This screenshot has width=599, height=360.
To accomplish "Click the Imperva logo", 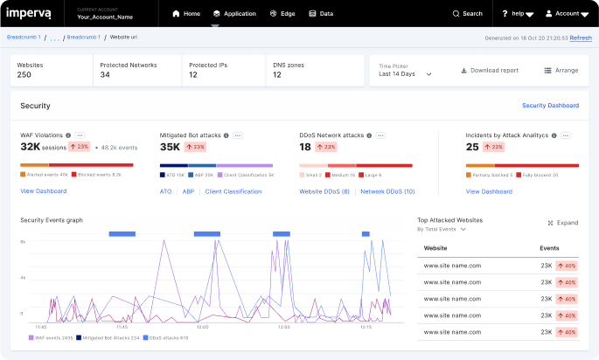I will [x=30, y=13].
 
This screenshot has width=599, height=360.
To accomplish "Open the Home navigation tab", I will [x=186, y=14].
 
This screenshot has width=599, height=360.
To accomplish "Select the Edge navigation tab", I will [x=282, y=14].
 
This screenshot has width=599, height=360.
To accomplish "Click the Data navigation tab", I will [x=321, y=14].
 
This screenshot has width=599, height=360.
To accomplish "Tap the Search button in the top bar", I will [x=467, y=14].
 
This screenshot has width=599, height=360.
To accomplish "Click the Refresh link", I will [x=581, y=38].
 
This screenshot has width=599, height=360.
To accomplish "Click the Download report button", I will [x=489, y=71].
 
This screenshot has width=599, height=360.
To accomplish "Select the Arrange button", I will [x=561, y=71].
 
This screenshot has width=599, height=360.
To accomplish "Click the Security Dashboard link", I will [x=550, y=106].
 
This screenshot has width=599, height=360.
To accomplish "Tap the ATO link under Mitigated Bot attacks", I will [x=165, y=191].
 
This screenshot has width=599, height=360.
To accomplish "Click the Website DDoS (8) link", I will [x=324, y=191].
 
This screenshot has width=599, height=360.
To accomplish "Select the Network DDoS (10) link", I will [x=387, y=191].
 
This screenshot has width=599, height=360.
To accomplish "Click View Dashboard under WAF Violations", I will [x=43, y=191].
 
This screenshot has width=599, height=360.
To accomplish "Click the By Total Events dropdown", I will [x=442, y=230].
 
